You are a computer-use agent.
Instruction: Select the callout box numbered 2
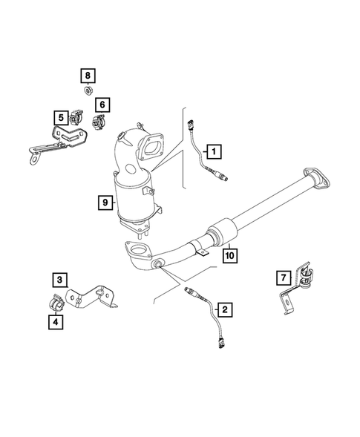223,307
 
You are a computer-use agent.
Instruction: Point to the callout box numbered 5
59,116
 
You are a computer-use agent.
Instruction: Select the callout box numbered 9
106,200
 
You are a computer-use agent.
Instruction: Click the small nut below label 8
87,91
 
